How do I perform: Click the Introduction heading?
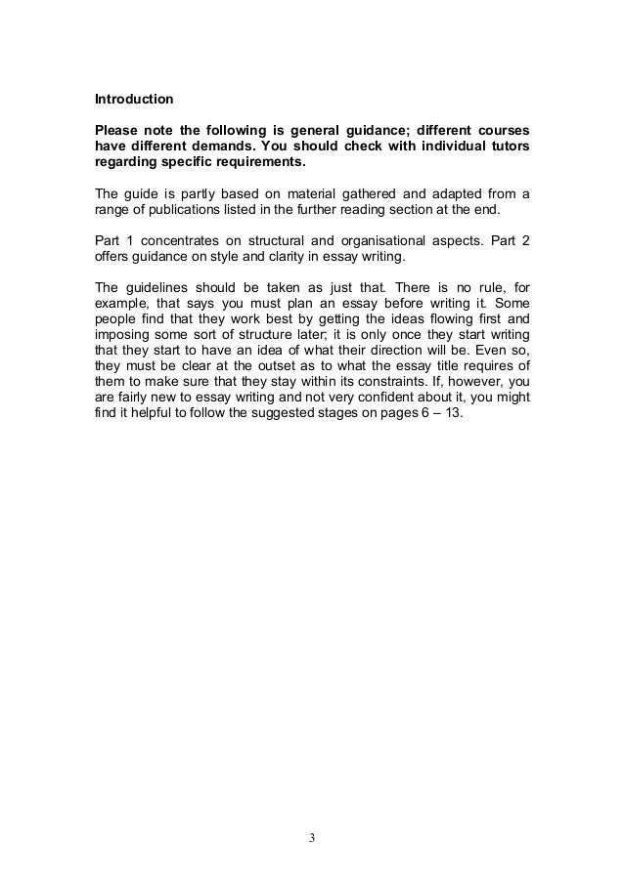coord(133,100)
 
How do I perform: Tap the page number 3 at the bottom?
coord(312,837)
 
